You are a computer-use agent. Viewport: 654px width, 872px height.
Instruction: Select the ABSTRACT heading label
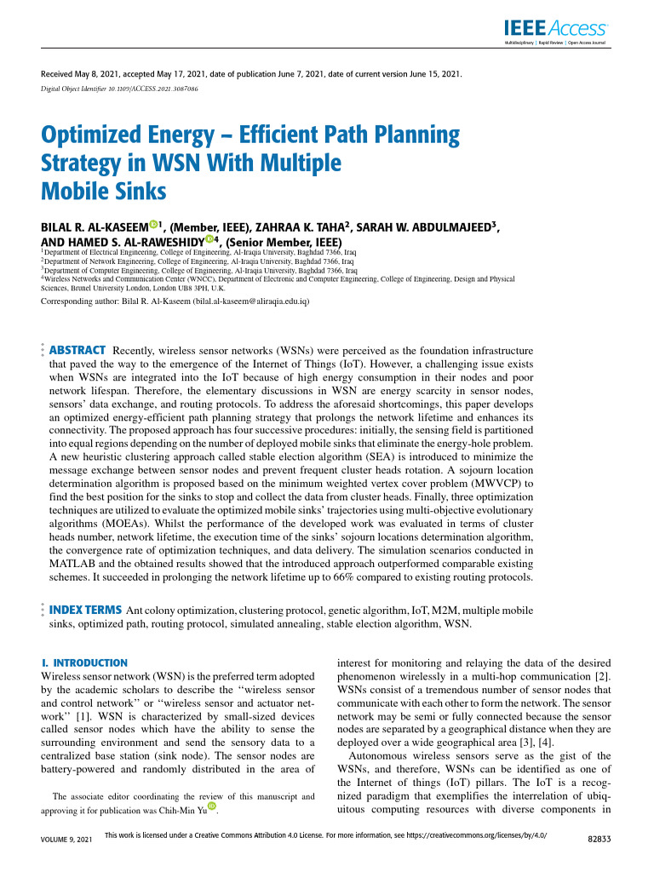(x=77, y=351)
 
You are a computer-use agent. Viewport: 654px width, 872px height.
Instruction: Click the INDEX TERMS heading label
(x=85, y=611)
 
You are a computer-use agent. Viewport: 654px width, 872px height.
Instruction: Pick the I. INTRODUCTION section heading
(x=84, y=663)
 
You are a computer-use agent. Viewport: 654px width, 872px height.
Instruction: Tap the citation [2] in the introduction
(x=600, y=675)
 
